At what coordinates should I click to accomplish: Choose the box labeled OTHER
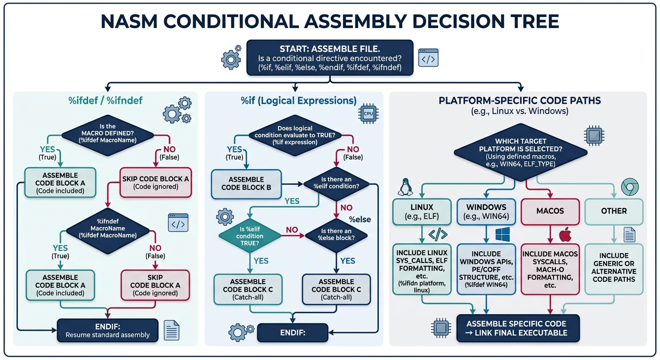(x=614, y=211)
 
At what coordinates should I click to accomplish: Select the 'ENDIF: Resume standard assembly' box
(x=108, y=330)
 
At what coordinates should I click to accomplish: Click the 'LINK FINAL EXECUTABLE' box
(x=518, y=329)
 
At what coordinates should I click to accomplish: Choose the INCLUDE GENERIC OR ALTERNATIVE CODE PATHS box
(x=614, y=268)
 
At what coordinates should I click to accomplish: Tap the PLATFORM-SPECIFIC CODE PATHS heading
(x=520, y=101)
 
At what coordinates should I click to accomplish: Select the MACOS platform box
(x=550, y=211)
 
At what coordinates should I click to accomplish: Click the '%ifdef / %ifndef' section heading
(x=101, y=101)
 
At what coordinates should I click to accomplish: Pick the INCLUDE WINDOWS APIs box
(x=487, y=269)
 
